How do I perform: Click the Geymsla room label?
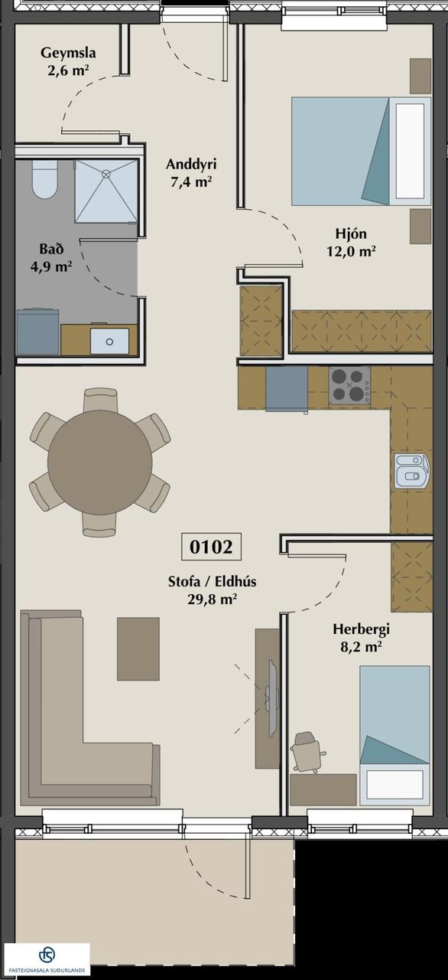68,53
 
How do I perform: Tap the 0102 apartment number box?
211,547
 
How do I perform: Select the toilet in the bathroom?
44,179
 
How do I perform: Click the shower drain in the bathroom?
106,173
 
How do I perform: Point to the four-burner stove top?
349,385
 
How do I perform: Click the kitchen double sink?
411,471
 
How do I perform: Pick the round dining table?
100,462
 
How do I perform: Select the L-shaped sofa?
90,708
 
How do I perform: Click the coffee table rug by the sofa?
138,648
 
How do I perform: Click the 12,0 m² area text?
352,251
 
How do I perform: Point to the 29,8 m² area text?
213,599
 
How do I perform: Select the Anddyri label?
191,165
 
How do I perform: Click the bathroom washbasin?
109,341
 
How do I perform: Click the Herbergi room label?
362,629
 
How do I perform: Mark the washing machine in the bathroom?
37,332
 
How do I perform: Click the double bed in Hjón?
361,151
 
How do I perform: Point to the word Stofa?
184,581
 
